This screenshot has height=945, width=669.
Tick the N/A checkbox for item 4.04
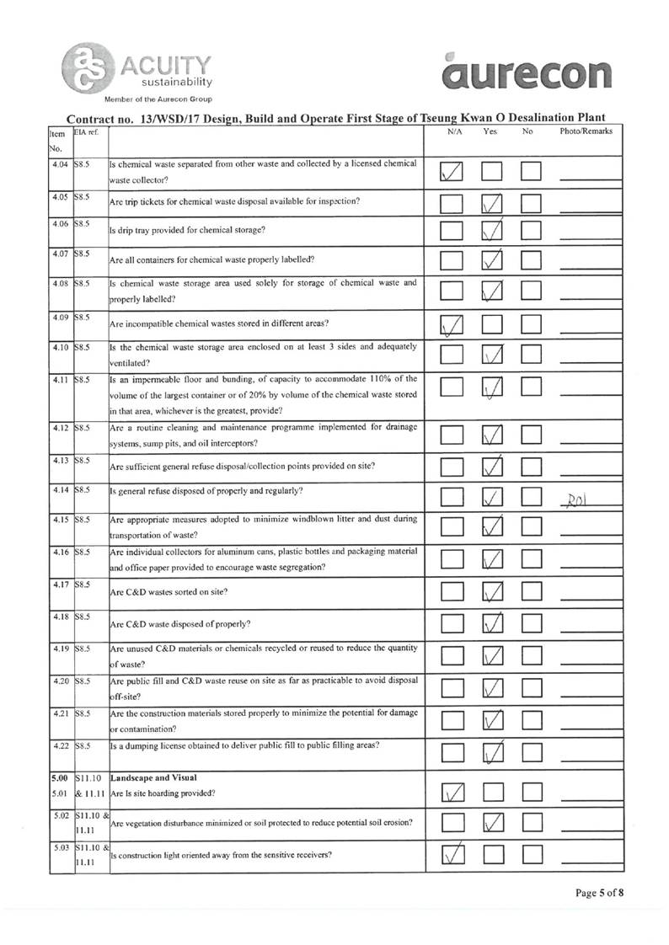pyautogui.click(x=454, y=174)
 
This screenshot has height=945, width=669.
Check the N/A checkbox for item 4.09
pyautogui.click(x=454, y=324)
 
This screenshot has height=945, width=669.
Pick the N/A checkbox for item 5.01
pyautogui.click(x=454, y=793)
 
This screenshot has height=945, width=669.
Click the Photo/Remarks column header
pyautogui.click(x=586, y=132)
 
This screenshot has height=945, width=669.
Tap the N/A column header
pyautogui.click(x=453, y=132)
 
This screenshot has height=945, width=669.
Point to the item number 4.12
pyautogui.click(x=58, y=429)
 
